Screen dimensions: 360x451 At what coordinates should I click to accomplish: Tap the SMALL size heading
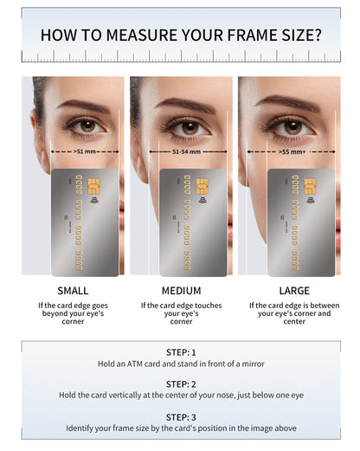(x=73, y=291)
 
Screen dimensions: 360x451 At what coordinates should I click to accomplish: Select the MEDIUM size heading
(x=181, y=291)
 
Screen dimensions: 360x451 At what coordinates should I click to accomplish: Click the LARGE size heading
(x=294, y=291)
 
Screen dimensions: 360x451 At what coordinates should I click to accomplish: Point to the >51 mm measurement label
(x=85, y=151)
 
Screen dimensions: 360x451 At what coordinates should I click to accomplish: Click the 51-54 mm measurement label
(x=186, y=151)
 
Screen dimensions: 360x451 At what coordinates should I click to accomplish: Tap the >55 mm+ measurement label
(x=292, y=151)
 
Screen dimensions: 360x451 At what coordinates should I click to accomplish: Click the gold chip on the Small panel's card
(x=93, y=186)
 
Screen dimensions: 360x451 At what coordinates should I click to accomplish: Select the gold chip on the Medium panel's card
(x=202, y=186)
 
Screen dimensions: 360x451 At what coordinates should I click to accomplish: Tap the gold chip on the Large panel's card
(x=310, y=186)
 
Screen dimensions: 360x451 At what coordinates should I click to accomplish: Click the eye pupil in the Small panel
(x=87, y=126)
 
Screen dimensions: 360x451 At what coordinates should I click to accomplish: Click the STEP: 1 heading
(x=181, y=352)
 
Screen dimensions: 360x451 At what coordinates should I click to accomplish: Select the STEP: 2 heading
(x=181, y=384)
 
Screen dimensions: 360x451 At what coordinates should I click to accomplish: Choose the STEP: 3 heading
(x=181, y=417)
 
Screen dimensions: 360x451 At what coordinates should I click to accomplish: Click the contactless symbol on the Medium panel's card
(x=202, y=200)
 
